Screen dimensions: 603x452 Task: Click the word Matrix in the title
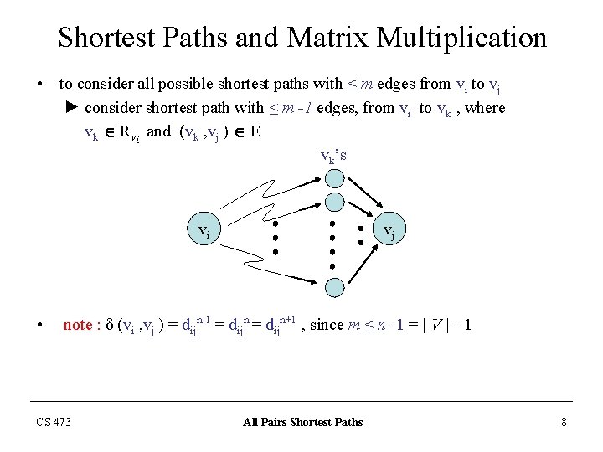[327, 38]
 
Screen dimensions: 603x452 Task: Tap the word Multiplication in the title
[461, 38]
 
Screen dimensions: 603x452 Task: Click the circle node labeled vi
[204, 231]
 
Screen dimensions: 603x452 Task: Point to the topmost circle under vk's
[334, 178]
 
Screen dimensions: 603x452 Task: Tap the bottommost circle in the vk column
[334, 286]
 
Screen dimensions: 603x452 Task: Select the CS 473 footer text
[54, 422]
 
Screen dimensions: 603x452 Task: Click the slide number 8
[564, 422]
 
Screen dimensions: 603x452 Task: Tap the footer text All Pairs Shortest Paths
[302, 422]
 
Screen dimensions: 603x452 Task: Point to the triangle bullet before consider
[72, 108]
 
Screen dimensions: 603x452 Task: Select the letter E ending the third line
[254, 131]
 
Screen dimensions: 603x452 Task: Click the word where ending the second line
[489, 108]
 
